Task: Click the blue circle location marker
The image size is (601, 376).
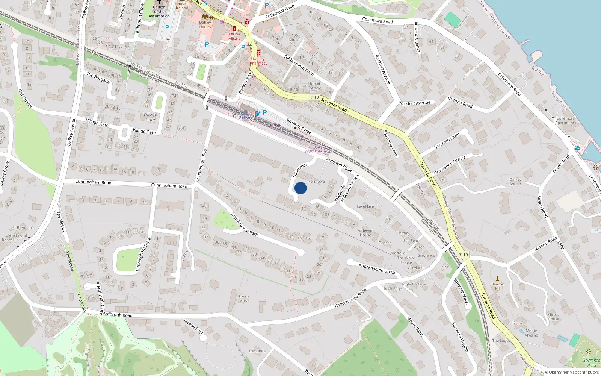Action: (x=300, y=188)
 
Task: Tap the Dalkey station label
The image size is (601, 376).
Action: (x=245, y=117)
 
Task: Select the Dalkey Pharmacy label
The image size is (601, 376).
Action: (x=258, y=61)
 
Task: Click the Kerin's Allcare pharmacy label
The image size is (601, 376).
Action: (x=234, y=36)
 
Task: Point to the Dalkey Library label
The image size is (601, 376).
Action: (x=205, y=24)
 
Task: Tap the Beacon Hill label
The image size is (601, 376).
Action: (x=498, y=286)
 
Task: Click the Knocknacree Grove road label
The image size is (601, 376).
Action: (x=377, y=268)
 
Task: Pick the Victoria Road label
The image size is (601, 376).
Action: (x=460, y=102)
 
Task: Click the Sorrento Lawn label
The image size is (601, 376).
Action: (x=447, y=141)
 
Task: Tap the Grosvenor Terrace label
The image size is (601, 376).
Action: (x=450, y=165)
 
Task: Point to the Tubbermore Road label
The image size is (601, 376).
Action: (x=299, y=65)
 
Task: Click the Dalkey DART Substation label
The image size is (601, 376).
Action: (x=319, y=150)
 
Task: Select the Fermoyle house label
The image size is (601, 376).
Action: (x=316, y=182)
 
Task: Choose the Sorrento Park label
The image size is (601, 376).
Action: (x=592, y=363)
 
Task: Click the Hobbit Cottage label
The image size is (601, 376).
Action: (x=314, y=86)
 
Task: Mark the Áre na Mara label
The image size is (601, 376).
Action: (x=243, y=298)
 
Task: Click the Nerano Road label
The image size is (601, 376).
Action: (x=546, y=244)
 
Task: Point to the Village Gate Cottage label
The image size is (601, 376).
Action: (x=150, y=117)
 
